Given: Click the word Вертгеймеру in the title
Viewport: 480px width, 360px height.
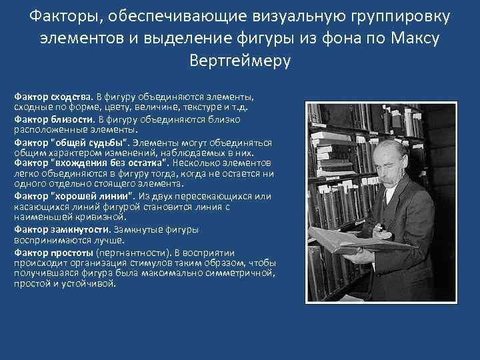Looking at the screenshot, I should (240, 60).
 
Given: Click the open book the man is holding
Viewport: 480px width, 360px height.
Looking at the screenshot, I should (347, 243).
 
